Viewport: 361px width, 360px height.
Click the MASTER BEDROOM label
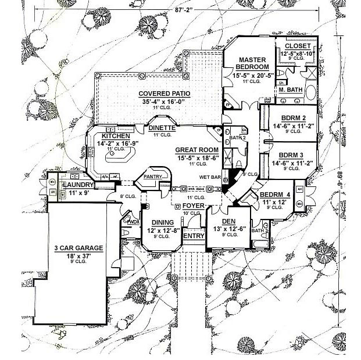pos(251,63)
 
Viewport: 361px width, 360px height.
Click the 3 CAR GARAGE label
pos(79,248)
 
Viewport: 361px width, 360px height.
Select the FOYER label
pos(192,206)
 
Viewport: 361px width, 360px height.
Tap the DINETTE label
pos(158,127)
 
